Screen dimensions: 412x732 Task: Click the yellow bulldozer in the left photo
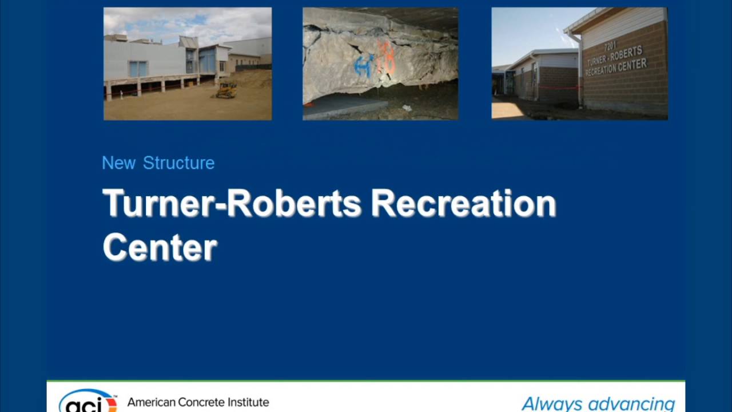coord(226,90)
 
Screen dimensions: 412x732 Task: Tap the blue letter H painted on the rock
coord(364,65)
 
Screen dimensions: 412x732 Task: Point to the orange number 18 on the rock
coord(387,60)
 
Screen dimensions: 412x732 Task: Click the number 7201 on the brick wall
coord(610,46)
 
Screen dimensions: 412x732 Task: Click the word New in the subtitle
coord(119,163)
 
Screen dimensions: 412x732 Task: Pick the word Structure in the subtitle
coord(178,163)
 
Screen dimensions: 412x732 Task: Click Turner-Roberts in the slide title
coord(232,204)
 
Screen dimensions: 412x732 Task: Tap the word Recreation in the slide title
coord(464,204)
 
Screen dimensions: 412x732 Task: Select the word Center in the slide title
coord(160,247)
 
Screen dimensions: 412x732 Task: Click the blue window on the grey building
coord(138,69)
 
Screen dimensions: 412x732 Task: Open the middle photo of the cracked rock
coord(380,64)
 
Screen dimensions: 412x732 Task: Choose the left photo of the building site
coord(188,64)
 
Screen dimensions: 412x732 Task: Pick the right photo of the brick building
coord(579,64)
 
